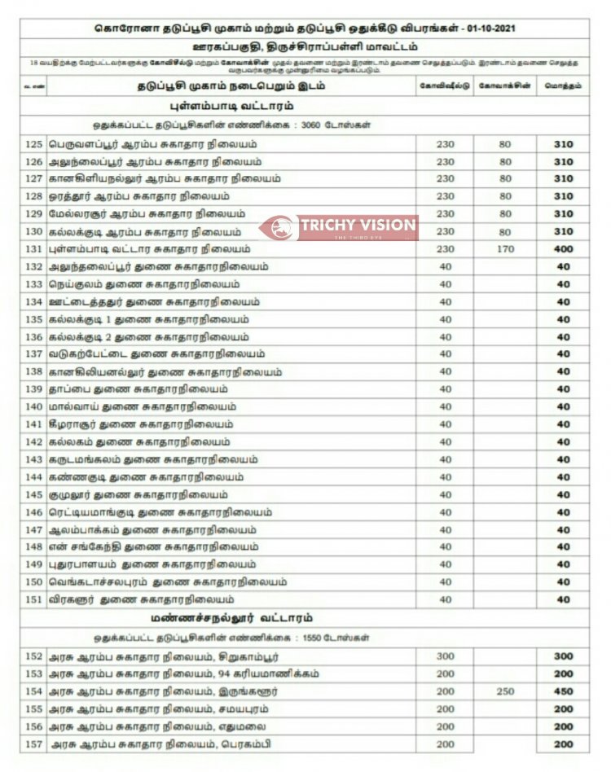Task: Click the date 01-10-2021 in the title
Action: click(491, 29)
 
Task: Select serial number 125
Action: click(33, 144)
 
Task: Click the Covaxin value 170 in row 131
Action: click(506, 249)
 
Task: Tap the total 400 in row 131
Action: click(564, 249)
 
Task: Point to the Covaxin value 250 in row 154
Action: click(506, 691)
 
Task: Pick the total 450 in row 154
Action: click(564, 691)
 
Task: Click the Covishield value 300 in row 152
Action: click(445, 656)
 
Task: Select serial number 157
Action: click(33, 744)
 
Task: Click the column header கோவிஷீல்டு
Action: click(445, 86)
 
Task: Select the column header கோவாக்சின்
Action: click(506, 86)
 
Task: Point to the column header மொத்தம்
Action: click(564, 86)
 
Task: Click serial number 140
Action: click(33, 406)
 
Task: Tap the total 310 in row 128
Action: click(564, 196)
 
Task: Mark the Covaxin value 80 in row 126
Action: click(506, 161)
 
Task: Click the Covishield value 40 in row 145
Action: click(445, 494)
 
